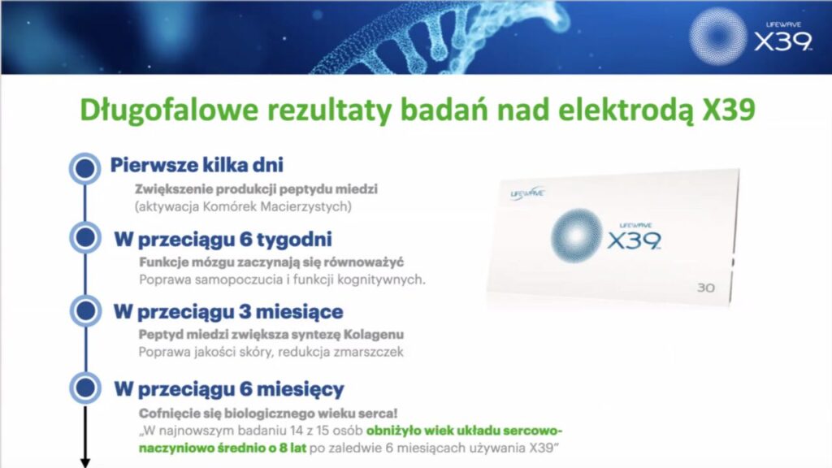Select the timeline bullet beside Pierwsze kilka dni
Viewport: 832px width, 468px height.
pos(84,168)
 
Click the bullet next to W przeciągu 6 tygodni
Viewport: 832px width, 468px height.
pos(85,238)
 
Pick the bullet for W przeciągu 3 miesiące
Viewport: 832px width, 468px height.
pos(85,311)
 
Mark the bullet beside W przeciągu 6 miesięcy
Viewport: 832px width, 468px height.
pos(85,388)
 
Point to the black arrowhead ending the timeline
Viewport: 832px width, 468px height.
pos(84,463)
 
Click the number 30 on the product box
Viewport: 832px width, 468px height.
pos(706,288)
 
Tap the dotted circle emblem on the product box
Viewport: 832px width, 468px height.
pos(576,236)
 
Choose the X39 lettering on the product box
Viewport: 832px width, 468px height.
pos(634,240)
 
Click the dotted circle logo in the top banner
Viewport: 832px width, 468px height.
pos(718,37)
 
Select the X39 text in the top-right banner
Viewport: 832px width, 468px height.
pos(783,41)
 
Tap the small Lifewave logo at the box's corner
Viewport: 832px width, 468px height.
pos(526,193)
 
